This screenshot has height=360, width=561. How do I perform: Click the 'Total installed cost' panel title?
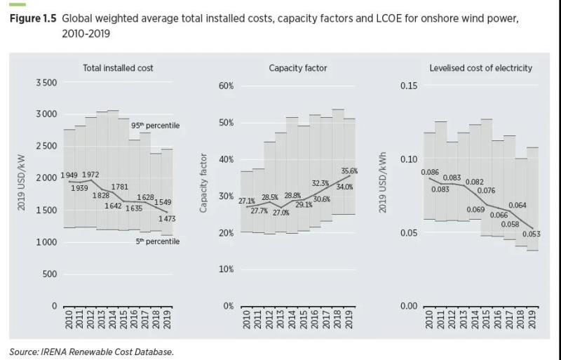(x=118, y=68)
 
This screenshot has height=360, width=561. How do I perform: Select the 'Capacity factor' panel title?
(x=298, y=68)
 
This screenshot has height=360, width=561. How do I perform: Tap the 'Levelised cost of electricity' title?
(x=480, y=68)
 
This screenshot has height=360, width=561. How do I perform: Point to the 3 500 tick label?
(x=46, y=83)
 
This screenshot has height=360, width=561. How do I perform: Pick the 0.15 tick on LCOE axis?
(x=410, y=86)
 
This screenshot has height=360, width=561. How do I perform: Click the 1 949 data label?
(x=69, y=175)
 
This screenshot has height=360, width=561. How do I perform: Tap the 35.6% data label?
(x=349, y=171)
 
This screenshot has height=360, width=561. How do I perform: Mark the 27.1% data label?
(x=247, y=201)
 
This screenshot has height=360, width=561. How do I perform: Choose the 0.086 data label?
(x=430, y=172)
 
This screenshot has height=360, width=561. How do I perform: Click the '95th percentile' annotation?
(x=156, y=126)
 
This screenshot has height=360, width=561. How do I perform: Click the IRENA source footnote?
(x=91, y=352)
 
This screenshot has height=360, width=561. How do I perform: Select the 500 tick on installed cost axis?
(x=49, y=274)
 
